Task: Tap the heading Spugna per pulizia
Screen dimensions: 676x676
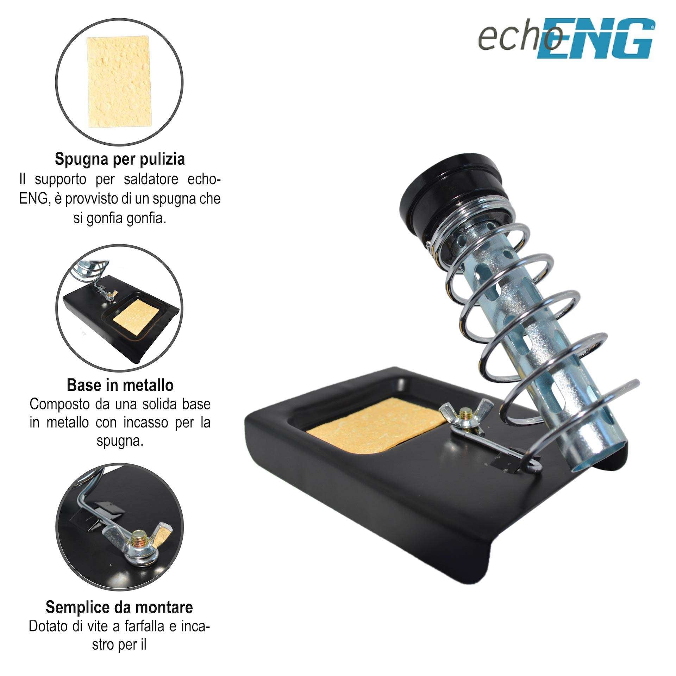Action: pos(120,159)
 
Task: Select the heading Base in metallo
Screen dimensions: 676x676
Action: pos(120,385)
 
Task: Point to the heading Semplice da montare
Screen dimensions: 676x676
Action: pos(119,607)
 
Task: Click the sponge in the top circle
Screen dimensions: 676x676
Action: pos(120,83)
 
